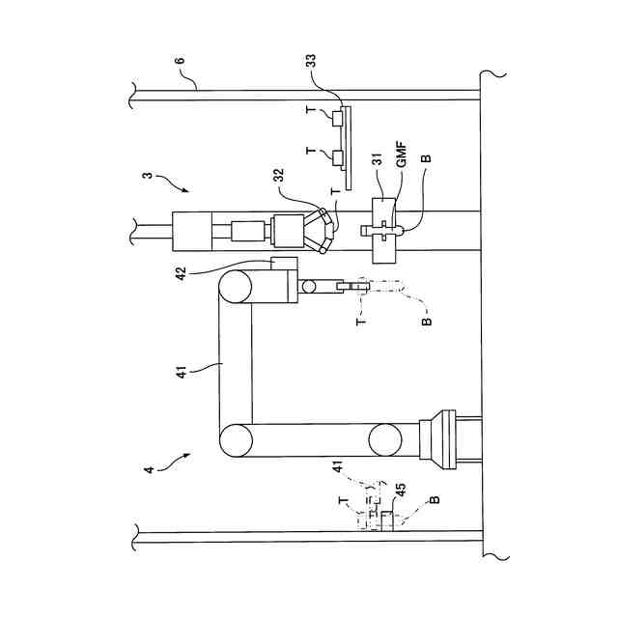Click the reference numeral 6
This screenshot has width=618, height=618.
coord(180,61)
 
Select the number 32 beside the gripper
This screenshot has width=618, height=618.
coord(278,176)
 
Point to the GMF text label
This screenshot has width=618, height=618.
coord(402,155)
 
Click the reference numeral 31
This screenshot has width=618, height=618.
coord(378,159)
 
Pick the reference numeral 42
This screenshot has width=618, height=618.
coord(181,273)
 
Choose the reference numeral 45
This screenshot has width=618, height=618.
coord(401,490)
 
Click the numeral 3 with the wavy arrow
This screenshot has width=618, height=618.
coord(148,174)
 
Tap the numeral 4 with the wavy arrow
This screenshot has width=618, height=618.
coord(149,470)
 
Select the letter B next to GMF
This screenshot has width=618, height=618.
coord(427,158)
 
